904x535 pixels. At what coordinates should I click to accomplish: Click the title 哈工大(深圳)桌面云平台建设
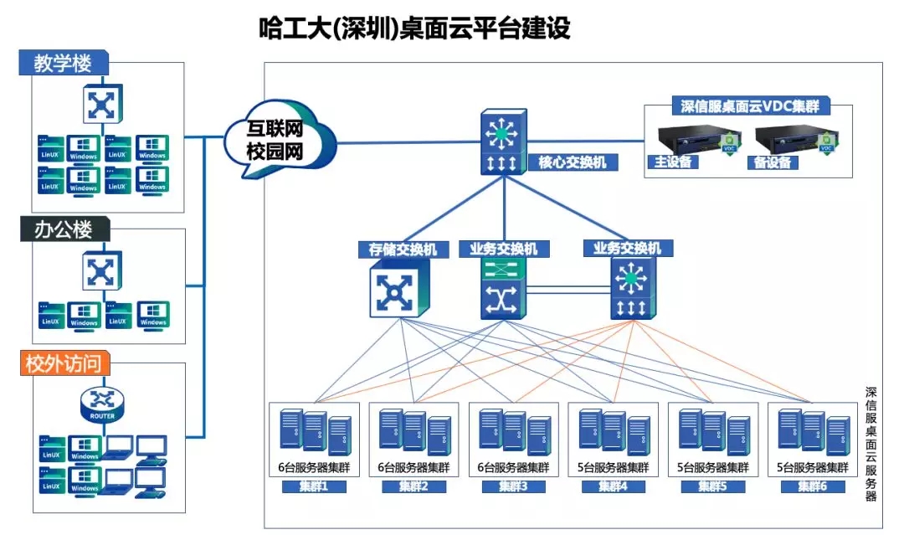(x=414, y=28)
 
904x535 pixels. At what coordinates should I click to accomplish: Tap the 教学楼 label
(x=62, y=63)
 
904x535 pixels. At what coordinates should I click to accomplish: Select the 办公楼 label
(x=62, y=229)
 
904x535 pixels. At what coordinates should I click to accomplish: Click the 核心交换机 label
(x=572, y=162)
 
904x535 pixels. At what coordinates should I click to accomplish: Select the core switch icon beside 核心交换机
(x=503, y=141)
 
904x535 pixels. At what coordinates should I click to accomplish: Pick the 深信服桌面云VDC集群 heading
(x=749, y=106)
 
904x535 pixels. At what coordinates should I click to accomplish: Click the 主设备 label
(x=671, y=162)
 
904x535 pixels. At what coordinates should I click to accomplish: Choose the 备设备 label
(x=772, y=162)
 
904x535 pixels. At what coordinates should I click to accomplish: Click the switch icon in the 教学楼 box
(x=102, y=105)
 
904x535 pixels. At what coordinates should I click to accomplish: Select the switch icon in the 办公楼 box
(x=102, y=271)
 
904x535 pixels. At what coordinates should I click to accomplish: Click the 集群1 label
(x=314, y=486)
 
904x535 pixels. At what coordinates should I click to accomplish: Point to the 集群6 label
(x=812, y=486)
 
